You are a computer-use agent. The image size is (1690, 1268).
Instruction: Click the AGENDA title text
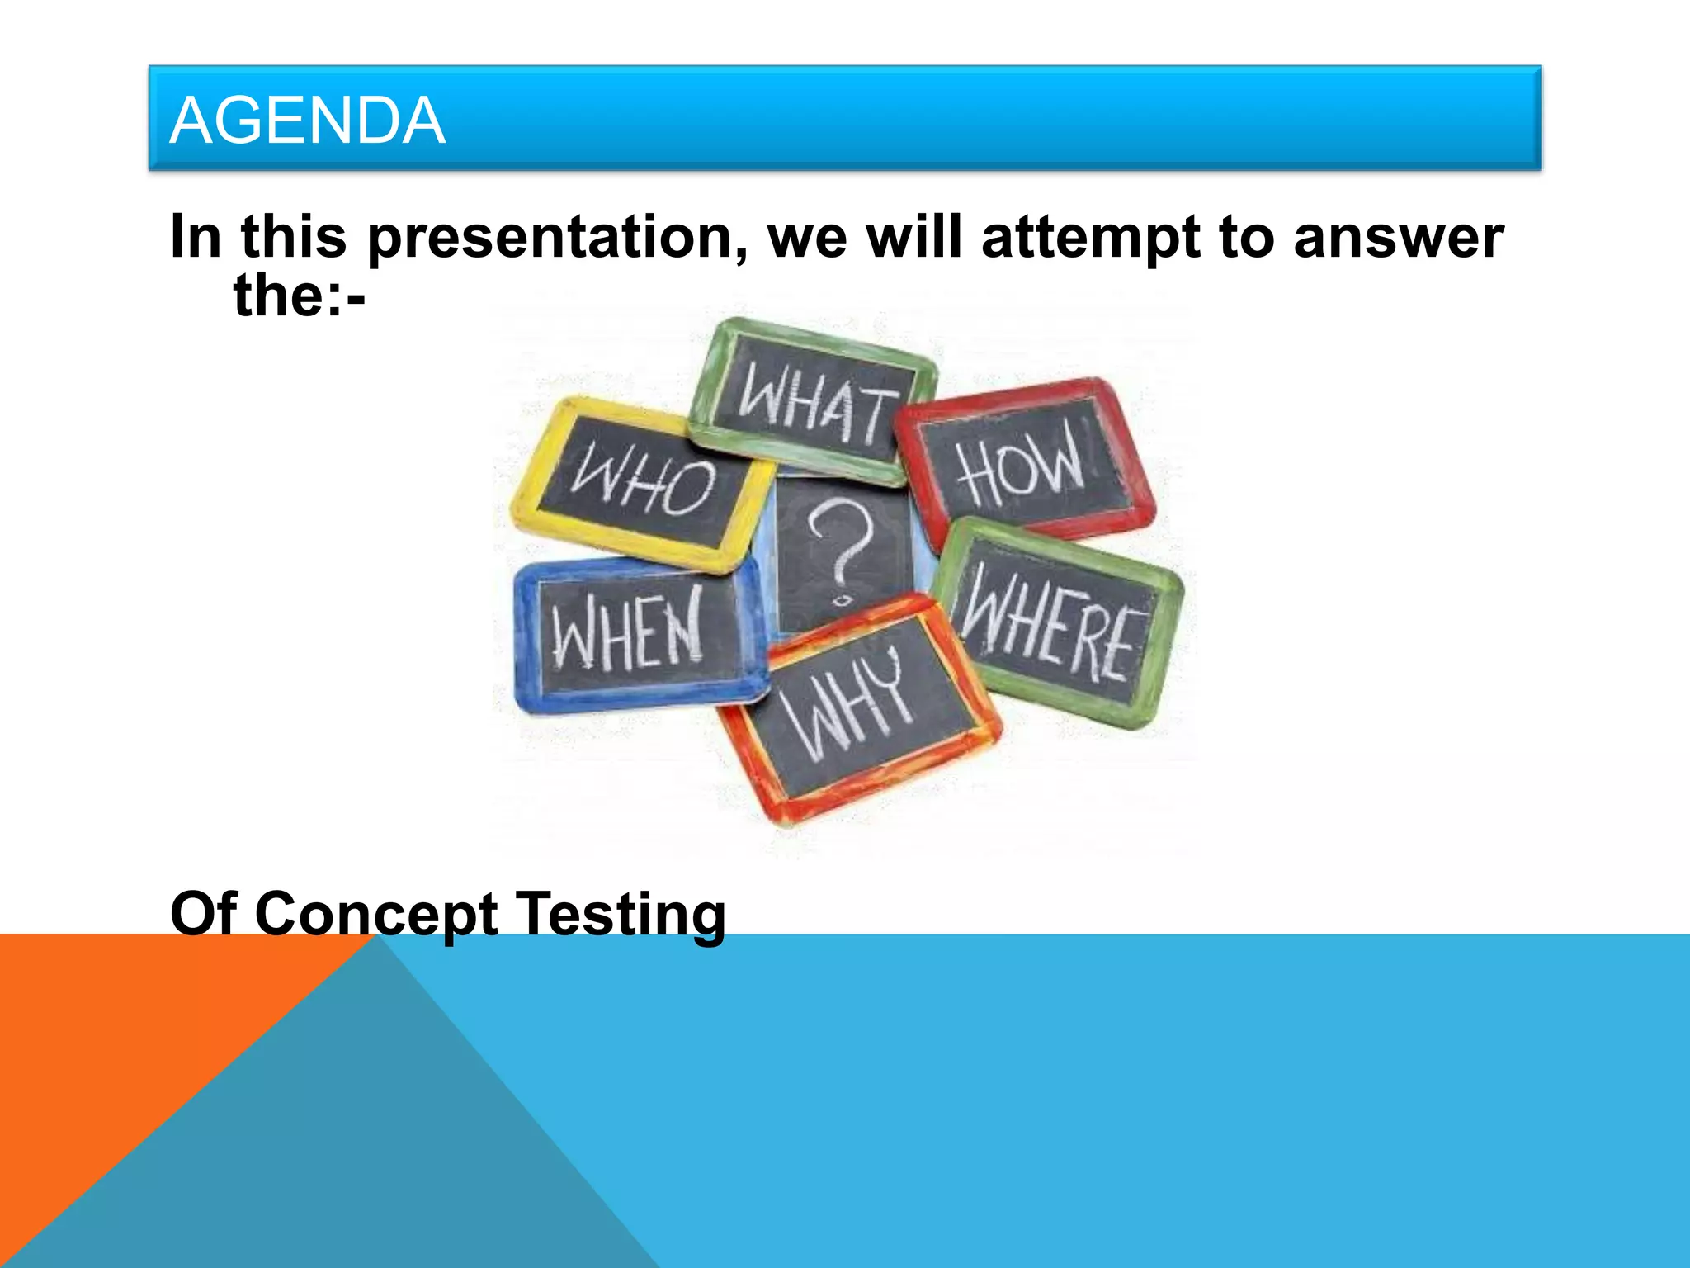(307, 121)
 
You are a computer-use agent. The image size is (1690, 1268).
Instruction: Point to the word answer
(1398, 237)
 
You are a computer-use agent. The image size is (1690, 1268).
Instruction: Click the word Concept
(375, 914)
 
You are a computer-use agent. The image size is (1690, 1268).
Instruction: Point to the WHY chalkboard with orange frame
(858, 706)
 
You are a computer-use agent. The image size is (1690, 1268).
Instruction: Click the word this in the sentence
(293, 237)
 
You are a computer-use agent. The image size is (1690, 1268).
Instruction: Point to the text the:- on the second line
(299, 296)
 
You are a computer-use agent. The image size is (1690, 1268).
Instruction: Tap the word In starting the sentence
(195, 237)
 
